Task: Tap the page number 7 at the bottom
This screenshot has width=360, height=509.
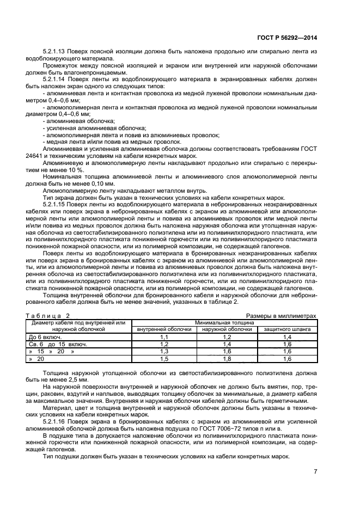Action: [x=315, y=471]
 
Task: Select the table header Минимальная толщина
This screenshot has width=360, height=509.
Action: [x=224, y=322]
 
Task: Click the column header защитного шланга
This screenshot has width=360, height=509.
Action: [x=288, y=329]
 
